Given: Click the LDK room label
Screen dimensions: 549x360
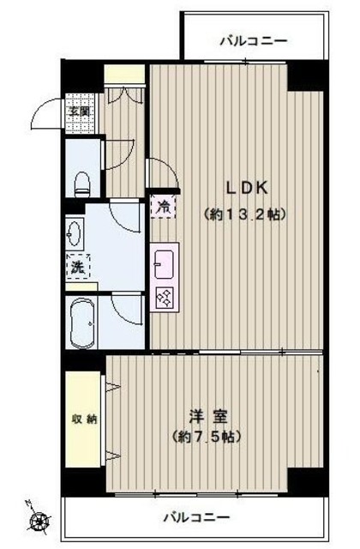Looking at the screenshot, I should pyautogui.click(x=248, y=187).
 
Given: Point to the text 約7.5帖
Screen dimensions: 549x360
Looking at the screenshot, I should pyautogui.click(x=209, y=437).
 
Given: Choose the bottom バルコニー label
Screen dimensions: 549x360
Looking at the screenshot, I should pyautogui.click(x=196, y=517).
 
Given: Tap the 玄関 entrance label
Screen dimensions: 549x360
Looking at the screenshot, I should pyautogui.click(x=80, y=112).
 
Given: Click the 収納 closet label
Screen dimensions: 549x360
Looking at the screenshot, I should pyautogui.click(x=83, y=419).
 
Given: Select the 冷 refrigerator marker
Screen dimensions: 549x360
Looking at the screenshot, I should pyautogui.click(x=163, y=205).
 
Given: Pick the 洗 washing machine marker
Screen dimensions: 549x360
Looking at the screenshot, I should pyautogui.click(x=78, y=267).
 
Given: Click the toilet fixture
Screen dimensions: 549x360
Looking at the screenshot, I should pyautogui.click(x=82, y=181).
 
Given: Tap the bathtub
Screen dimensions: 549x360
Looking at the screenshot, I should pyautogui.click(x=82, y=320).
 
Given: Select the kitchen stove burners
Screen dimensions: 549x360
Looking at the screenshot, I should pyautogui.click(x=163, y=298).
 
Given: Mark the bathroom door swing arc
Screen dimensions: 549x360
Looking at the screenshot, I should pyautogui.click(x=128, y=309).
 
